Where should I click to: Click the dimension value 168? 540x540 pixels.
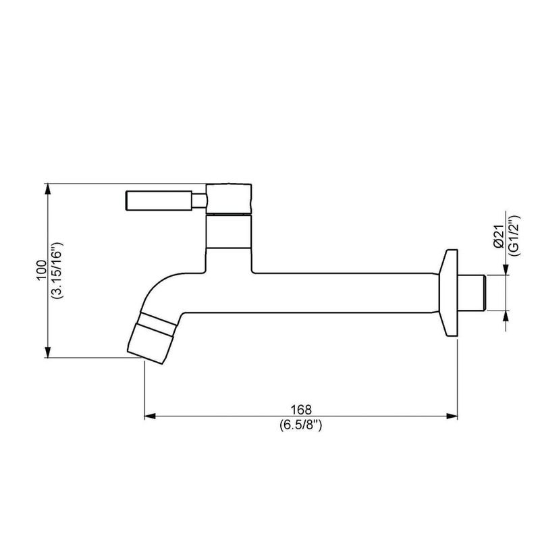(x=301, y=410)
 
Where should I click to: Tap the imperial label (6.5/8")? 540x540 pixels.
(x=300, y=425)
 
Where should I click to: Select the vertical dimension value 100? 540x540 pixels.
(x=41, y=271)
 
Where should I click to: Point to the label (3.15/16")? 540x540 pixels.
(x=57, y=271)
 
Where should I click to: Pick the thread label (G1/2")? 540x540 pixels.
(x=514, y=236)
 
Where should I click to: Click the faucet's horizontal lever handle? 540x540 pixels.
(x=159, y=200)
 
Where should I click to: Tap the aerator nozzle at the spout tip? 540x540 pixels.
(x=150, y=344)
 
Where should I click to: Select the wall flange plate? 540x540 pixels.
(x=448, y=293)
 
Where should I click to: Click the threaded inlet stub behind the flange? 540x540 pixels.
(x=472, y=292)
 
